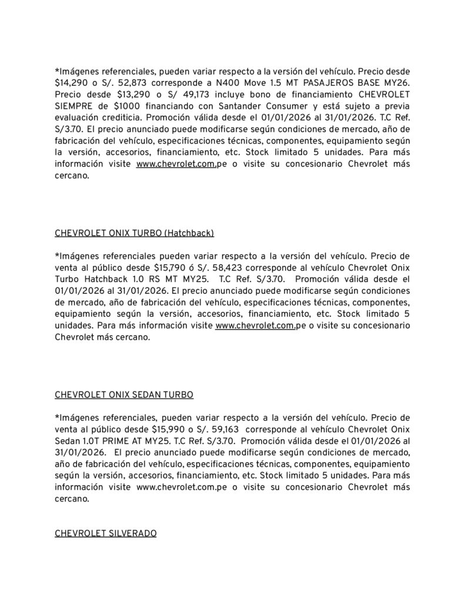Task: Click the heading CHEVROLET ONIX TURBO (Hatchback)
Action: [x=134, y=233]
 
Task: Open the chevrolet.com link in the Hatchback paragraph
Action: [x=255, y=326]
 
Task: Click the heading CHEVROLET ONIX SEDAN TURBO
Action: [x=123, y=394]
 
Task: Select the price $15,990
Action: [x=170, y=428]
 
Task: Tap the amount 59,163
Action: [x=228, y=428]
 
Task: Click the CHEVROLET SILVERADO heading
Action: [x=105, y=533]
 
